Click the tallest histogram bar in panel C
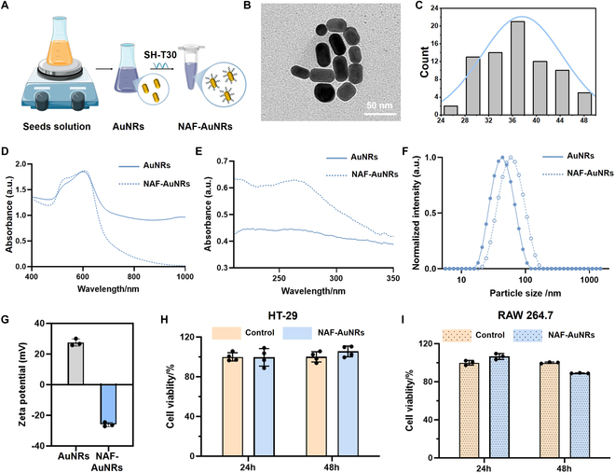click(x=518, y=68)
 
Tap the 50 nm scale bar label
click(x=379, y=105)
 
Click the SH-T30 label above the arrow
click(x=160, y=54)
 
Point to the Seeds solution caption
click(x=57, y=126)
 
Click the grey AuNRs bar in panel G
click(x=75, y=364)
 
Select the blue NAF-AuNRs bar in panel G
click(x=108, y=404)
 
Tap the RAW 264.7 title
click(x=526, y=315)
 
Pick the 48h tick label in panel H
click(x=332, y=467)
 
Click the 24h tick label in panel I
click(x=484, y=468)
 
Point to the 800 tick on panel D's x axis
click(x=134, y=276)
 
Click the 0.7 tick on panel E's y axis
click(x=222, y=161)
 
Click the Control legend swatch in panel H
click(x=226, y=333)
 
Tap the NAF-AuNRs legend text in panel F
click(x=590, y=173)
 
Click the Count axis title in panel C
click(x=424, y=62)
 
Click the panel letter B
click(x=247, y=6)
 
